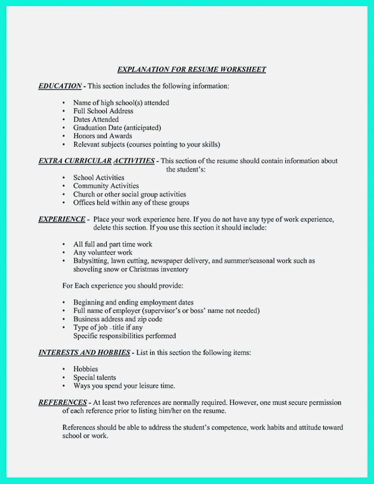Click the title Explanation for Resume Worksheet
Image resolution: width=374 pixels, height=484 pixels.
tap(191, 69)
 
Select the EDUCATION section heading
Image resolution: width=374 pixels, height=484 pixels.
tap(60, 86)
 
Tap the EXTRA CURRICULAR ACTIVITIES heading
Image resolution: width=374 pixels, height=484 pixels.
tap(96, 161)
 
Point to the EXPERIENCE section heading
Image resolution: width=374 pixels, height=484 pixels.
tap(62, 219)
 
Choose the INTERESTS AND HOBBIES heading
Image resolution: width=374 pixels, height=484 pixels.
tap(84, 352)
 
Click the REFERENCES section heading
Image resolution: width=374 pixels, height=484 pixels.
tap(62, 402)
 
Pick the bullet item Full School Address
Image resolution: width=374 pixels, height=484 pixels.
tap(103, 111)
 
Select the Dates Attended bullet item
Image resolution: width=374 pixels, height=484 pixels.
tap(96, 119)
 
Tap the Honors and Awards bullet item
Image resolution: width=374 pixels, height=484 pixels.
tap(102, 136)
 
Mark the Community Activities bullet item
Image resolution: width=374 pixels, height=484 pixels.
tap(106, 186)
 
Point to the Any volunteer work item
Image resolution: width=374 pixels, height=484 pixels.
tap(103, 252)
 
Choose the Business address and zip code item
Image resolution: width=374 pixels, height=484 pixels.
tap(118, 319)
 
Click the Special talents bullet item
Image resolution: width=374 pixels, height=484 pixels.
tap(95, 377)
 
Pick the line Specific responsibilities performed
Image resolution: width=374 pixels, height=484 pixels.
tap(124, 335)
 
